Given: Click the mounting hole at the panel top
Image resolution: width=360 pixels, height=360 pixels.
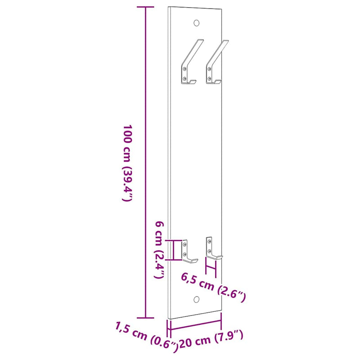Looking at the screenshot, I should click(196, 22).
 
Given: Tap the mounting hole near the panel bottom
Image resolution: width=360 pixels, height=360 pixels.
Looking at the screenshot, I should click(196, 299).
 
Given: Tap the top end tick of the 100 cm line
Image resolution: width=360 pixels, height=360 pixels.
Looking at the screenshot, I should click(145, 8).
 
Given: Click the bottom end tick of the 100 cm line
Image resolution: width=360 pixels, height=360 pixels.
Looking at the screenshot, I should click(145, 318).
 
